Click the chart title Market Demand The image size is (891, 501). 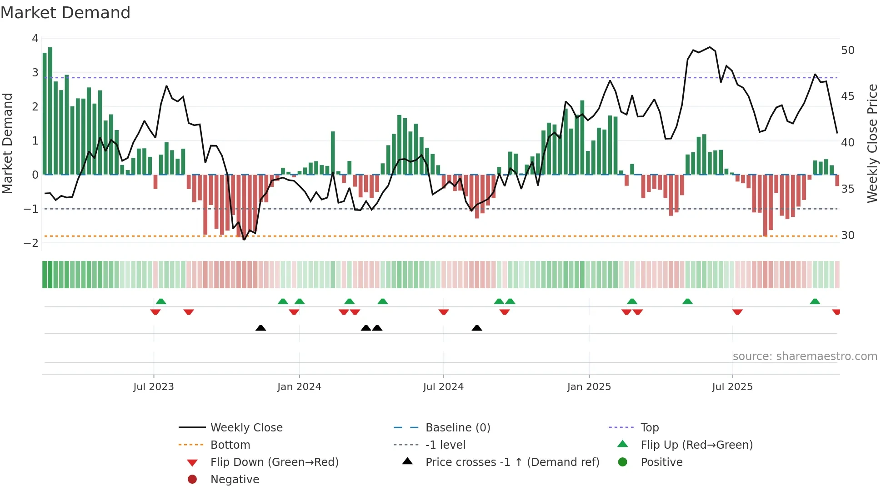click(x=65, y=13)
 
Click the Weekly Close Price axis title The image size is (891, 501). click(x=872, y=143)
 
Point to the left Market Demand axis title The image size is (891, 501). click(x=7, y=143)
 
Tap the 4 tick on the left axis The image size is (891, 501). click(x=35, y=39)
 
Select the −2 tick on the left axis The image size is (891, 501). click(x=31, y=243)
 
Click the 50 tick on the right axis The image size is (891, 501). click(x=847, y=50)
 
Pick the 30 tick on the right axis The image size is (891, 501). click(x=847, y=235)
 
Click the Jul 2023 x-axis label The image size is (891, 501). click(x=153, y=387)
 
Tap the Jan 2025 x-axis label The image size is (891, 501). click(x=589, y=387)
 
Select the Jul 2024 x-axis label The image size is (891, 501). click(x=443, y=387)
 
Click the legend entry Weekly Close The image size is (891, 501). click(x=246, y=428)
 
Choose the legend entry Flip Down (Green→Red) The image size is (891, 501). click(x=274, y=462)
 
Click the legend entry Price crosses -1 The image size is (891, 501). click(x=512, y=462)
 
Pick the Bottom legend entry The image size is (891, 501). click(x=230, y=445)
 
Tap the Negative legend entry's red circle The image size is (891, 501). click(x=192, y=480)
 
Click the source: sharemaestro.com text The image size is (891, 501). click(x=805, y=356)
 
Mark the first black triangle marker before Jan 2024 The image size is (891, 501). click(x=260, y=328)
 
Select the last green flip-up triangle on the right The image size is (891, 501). click(x=815, y=301)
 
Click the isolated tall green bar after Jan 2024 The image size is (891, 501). click(x=333, y=153)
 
